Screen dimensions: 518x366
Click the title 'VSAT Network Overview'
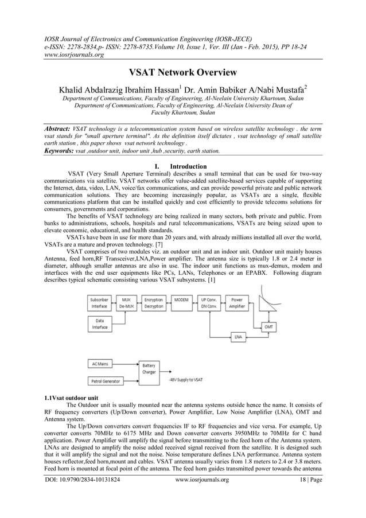click(x=182, y=73)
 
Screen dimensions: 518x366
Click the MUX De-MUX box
click(x=126, y=302)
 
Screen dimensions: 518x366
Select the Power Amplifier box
click(x=236, y=302)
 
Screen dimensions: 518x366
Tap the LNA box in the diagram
click(x=237, y=336)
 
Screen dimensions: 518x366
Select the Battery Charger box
click(x=148, y=368)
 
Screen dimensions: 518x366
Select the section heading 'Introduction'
click(x=191, y=167)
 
